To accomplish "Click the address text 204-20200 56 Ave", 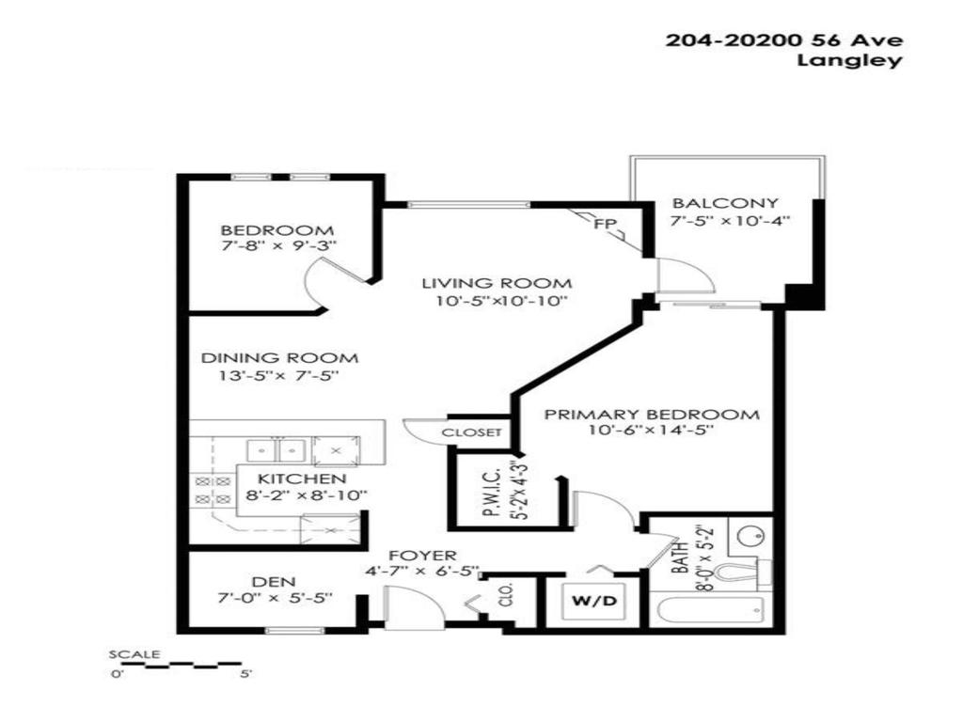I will [x=784, y=40].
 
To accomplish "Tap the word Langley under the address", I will [x=849, y=61].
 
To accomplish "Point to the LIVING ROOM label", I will [x=496, y=283].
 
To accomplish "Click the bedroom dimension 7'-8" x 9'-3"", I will [x=276, y=246].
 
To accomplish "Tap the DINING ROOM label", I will [x=280, y=358].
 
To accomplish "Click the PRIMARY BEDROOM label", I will [x=652, y=415].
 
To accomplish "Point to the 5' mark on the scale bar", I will [x=245, y=673].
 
